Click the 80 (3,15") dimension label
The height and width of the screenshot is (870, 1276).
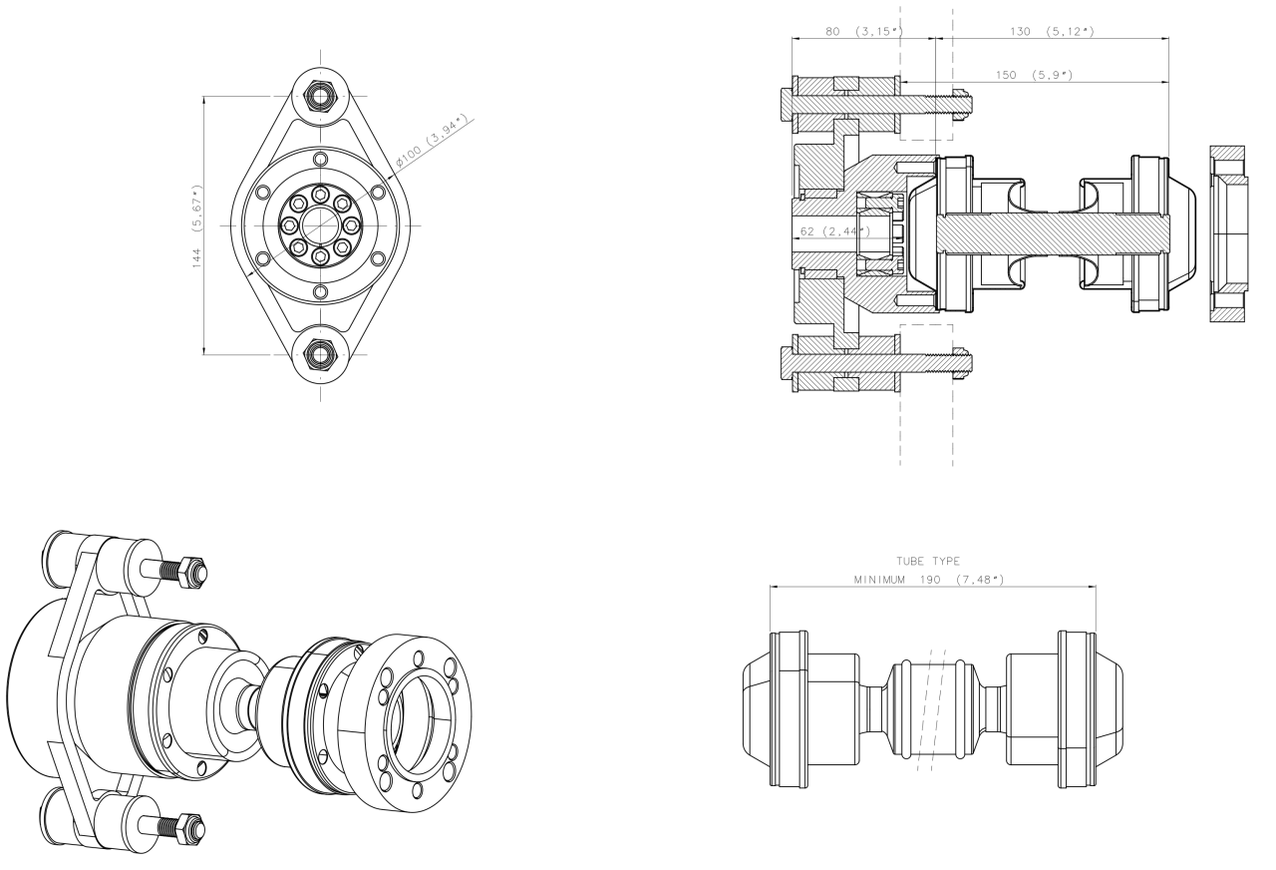[x=864, y=31]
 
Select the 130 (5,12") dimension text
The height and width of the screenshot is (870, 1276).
[x=1052, y=31]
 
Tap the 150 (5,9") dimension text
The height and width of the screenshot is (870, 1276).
[x=1035, y=75]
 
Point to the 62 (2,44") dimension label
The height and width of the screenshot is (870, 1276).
[x=835, y=231]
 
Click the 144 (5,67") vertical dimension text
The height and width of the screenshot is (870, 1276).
[x=197, y=226]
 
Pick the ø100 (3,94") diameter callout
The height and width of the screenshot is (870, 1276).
[x=432, y=142]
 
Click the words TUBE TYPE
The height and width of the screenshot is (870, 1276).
[x=928, y=561]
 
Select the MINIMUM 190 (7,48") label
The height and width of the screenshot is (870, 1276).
[x=929, y=580]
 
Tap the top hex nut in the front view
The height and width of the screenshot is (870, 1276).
[x=320, y=97]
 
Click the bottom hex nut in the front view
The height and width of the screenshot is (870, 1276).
[x=320, y=354]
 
